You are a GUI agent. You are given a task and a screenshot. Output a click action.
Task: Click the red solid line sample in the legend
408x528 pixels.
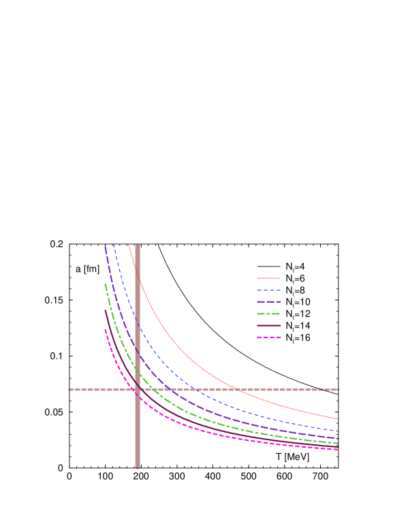tap(268, 278)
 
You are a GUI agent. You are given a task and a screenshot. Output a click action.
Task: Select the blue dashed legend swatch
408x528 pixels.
tap(268, 290)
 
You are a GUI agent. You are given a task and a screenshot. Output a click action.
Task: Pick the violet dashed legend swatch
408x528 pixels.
tap(268, 301)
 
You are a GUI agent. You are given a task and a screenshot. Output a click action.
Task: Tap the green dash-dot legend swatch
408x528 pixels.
tap(268, 314)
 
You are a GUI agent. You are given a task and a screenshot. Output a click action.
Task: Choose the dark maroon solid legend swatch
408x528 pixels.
tap(268, 325)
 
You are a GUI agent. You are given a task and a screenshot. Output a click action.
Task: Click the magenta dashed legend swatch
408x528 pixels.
tap(268, 337)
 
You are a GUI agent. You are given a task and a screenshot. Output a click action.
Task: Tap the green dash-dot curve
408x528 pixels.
tap(204, 420)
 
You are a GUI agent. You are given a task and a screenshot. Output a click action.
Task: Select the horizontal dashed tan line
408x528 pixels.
tap(272, 389)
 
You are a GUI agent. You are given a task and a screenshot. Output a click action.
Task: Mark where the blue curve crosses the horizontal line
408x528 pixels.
tap(194, 389)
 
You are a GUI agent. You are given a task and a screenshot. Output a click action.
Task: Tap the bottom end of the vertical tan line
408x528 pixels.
tap(138, 467)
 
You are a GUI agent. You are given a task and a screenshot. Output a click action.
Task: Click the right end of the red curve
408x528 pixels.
tap(337, 418)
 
